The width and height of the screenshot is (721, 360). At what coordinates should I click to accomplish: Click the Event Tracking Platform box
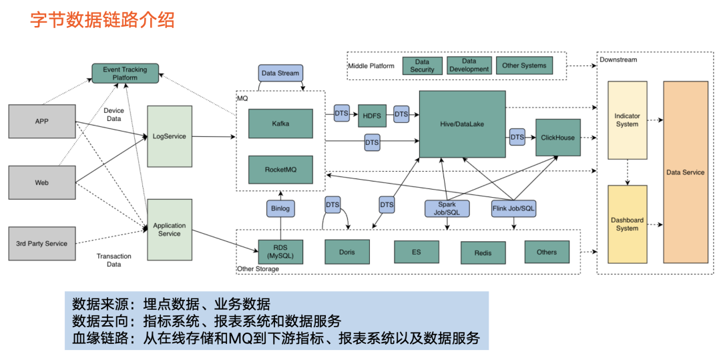(x=125, y=73)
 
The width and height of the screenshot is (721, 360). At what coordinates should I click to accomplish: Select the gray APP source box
(x=41, y=122)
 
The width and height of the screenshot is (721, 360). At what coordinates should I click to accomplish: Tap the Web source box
(x=41, y=182)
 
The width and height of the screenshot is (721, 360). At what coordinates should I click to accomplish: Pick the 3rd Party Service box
(x=41, y=243)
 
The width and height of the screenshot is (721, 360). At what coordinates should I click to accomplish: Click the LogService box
(x=169, y=136)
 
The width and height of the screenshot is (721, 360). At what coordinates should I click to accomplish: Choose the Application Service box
(x=169, y=230)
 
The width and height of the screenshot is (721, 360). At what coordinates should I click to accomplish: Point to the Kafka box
(x=280, y=124)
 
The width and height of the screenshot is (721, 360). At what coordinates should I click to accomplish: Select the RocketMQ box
(x=280, y=170)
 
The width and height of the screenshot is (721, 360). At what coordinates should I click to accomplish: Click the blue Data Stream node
(x=280, y=73)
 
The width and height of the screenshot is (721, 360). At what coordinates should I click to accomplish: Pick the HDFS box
(x=372, y=115)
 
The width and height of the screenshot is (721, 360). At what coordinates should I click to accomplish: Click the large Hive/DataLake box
(x=462, y=124)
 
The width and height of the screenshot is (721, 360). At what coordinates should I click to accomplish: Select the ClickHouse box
(x=557, y=137)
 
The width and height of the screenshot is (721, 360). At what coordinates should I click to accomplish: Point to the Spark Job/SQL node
(x=447, y=208)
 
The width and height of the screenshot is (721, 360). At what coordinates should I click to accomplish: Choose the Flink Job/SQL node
(x=513, y=208)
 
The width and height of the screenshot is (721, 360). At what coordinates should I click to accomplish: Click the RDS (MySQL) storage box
(x=280, y=252)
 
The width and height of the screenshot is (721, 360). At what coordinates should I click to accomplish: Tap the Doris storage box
(x=346, y=252)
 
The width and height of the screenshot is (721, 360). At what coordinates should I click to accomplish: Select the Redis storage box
(x=483, y=252)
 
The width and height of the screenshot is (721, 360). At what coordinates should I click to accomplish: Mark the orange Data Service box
(x=685, y=172)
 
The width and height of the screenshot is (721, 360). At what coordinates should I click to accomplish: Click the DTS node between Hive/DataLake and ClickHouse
(x=517, y=137)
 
